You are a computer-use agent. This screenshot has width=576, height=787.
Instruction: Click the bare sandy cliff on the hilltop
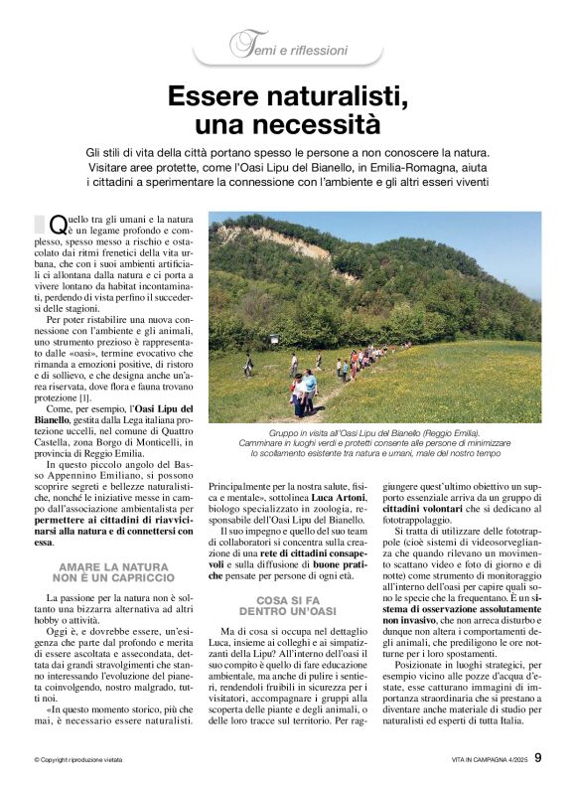(x=298, y=239)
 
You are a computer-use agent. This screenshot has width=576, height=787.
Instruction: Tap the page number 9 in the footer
(x=538, y=758)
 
